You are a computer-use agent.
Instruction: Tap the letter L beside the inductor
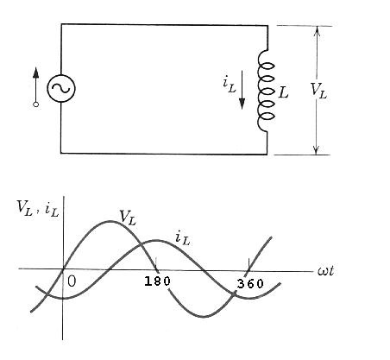coord(284,90)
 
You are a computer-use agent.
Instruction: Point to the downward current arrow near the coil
coord(242,92)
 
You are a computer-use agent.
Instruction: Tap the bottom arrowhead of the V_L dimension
coord(317,148)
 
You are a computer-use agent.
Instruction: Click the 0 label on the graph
coord(72,281)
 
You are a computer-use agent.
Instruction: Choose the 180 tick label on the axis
coord(157,281)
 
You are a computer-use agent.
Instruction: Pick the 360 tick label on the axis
coord(251,281)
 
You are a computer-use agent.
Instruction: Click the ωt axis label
coord(325,272)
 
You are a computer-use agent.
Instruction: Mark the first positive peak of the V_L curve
coord(110,222)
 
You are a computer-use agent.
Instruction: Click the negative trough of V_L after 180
coord(205,317)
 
